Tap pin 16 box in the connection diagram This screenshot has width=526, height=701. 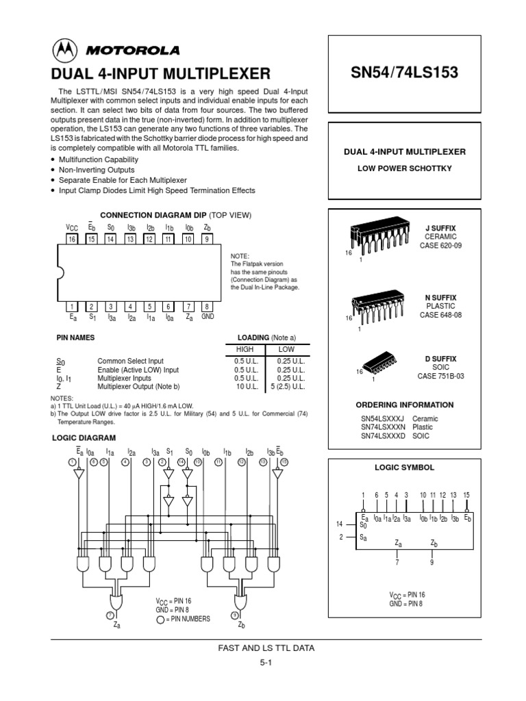[x=72, y=239]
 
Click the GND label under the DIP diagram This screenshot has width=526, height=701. [x=208, y=318]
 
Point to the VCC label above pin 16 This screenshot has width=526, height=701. [x=71, y=227]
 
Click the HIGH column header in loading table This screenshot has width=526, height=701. [x=244, y=349]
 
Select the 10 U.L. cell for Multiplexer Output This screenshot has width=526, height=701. [x=245, y=386]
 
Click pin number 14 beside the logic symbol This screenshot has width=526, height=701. [x=339, y=524]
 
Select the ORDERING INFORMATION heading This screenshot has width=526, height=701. [x=404, y=405]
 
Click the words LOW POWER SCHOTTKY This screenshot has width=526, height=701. [x=404, y=168]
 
